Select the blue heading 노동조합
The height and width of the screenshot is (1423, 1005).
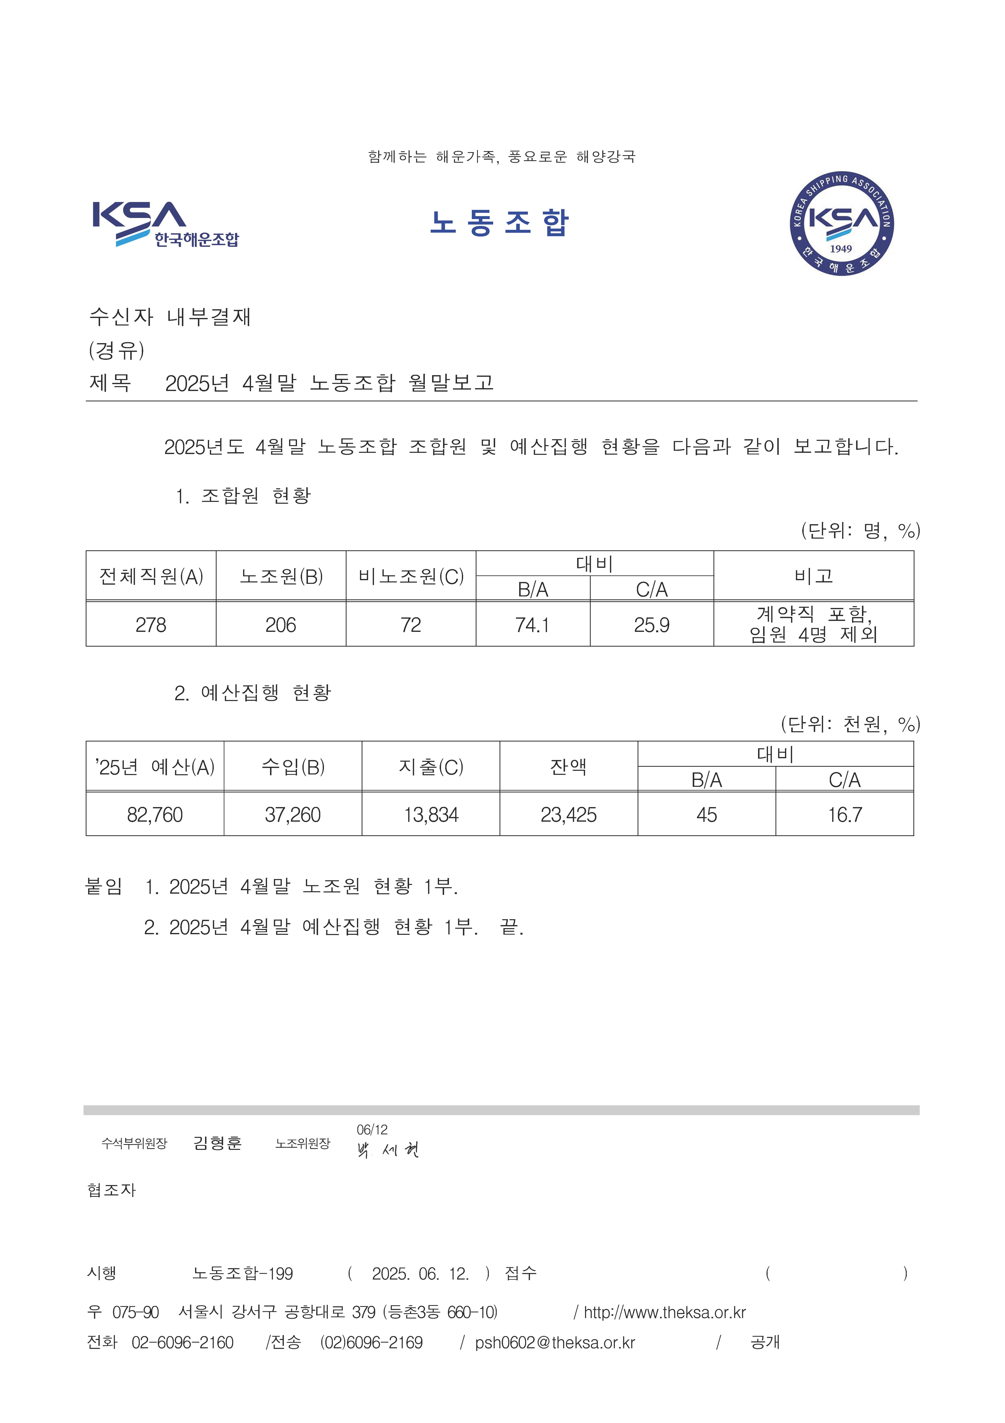click(499, 222)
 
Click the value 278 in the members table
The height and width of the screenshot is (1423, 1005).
click(151, 625)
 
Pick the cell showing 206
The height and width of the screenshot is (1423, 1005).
click(281, 625)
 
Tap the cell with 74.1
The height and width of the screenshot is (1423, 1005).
click(532, 625)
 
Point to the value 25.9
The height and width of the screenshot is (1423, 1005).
click(651, 625)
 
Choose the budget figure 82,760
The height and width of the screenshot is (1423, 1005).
click(155, 814)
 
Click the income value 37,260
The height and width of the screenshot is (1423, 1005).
click(292, 814)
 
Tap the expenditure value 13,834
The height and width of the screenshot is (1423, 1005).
click(431, 814)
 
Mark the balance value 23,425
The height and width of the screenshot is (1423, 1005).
click(568, 814)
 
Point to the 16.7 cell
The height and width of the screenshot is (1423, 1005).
click(845, 814)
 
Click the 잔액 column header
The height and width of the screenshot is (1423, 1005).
click(568, 767)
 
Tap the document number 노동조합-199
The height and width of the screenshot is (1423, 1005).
click(242, 1274)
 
